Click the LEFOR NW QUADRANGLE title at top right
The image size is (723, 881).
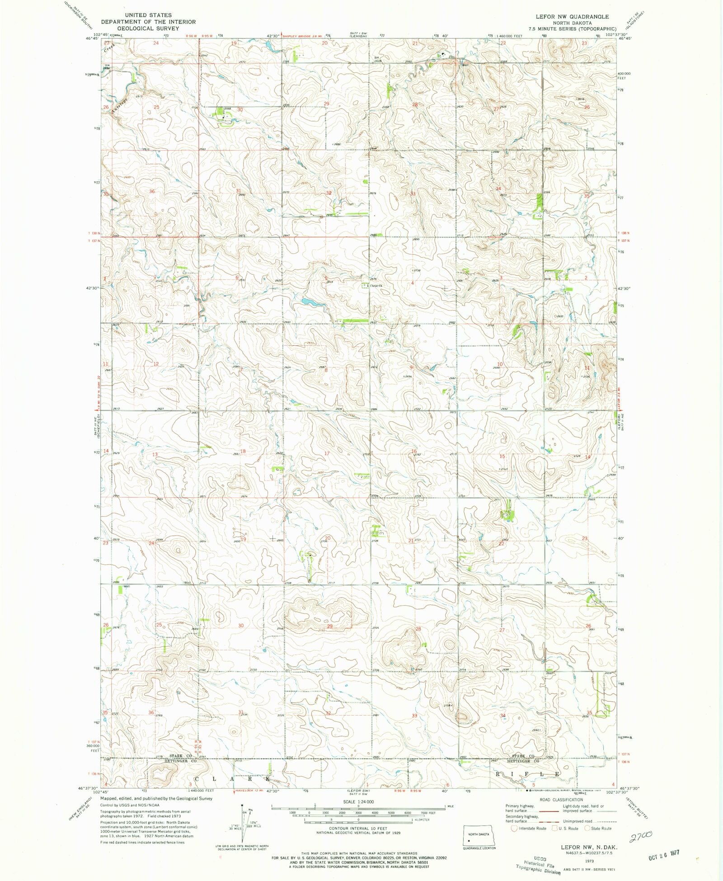[572, 17]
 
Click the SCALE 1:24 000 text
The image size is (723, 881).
[358, 801]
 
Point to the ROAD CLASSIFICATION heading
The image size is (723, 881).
[560, 800]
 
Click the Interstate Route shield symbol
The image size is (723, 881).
[513, 829]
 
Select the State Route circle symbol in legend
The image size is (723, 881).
[587, 829]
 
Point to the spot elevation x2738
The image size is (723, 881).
[416, 270]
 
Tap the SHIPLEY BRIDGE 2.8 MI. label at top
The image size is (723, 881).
[304, 35]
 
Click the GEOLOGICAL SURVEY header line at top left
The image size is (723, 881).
[148, 28]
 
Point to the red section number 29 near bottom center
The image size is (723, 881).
[330, 626]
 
